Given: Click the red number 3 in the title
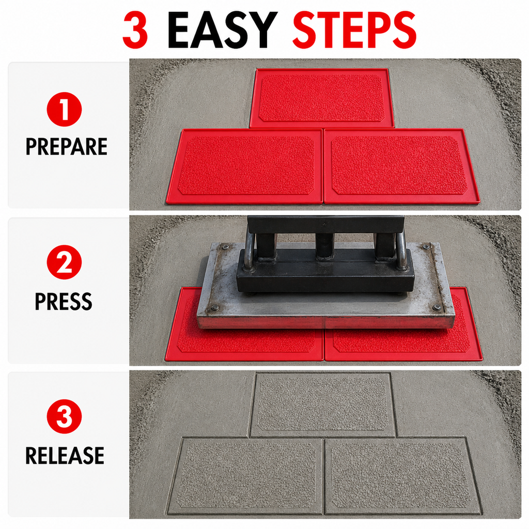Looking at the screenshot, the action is (135, 29).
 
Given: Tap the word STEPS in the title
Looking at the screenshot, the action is (354, 29).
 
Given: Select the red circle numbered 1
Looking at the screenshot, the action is (64, 110).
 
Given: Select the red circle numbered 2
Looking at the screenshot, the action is (64, 262).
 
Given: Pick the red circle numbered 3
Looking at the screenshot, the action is (64, 416).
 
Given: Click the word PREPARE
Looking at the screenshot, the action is (67, 146).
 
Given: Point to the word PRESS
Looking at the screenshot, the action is (64, 301).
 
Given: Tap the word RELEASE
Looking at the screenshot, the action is (65, 456).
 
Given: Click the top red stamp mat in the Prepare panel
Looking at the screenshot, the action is (322, 98).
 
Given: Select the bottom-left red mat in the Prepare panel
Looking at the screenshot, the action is (245, 166).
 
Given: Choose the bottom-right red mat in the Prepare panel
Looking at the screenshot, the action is (401, 166).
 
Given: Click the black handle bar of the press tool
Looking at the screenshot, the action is (325, 224).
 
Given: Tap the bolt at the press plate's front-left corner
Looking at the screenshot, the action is (213, 308).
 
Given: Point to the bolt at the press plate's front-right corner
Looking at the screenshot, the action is (437, 307).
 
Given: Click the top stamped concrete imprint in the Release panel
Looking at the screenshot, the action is (323, 405).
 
